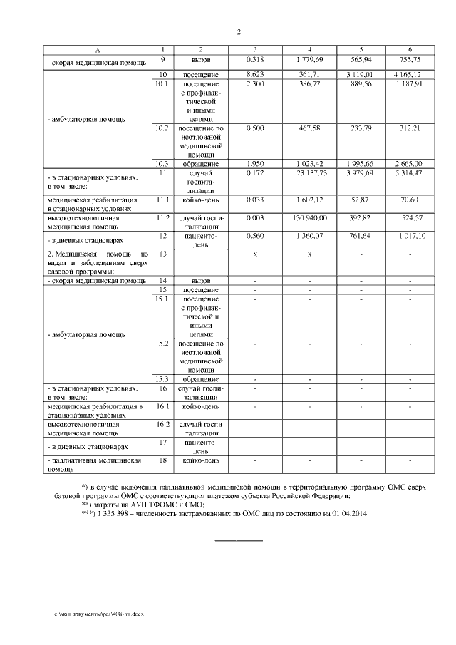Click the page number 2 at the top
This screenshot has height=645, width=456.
[239, 32]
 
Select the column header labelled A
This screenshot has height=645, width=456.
[98, 48]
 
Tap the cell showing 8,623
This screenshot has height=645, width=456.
[255, 74]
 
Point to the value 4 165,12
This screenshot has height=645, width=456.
[410, 74]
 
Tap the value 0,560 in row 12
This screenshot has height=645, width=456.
[255, 234]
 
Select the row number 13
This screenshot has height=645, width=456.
[163, 253]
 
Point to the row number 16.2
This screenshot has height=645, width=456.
[163, 424]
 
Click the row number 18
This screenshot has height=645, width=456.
[163, 460]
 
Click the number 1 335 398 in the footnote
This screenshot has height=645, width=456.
[113, 513]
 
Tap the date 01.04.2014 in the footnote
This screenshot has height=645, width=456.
[347, 513]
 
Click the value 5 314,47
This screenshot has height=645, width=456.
[410, 172]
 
